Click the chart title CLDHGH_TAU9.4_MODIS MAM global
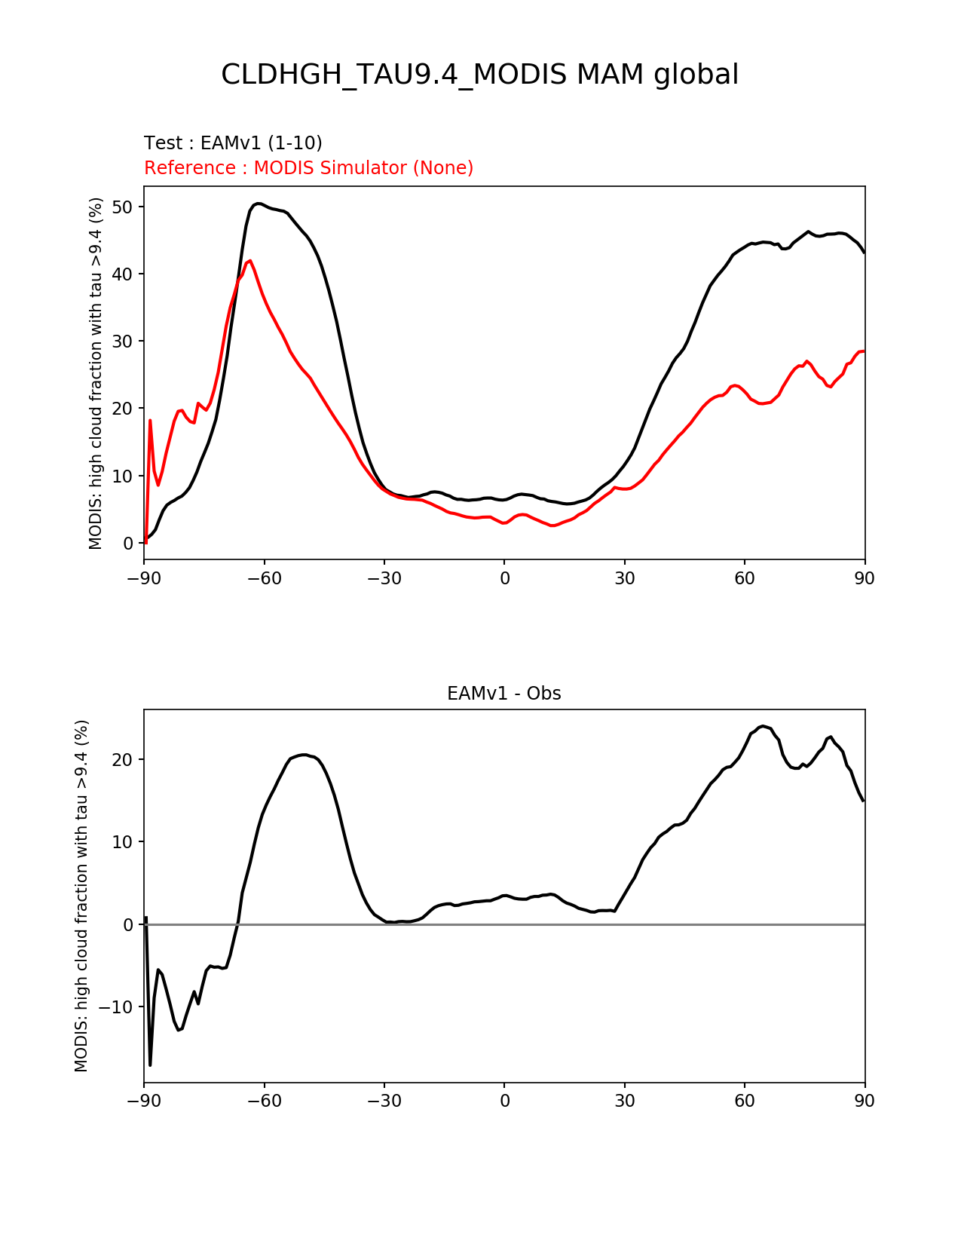pos(479,75)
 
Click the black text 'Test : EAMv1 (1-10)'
pos(233,142)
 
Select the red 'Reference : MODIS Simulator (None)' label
pos(308,167)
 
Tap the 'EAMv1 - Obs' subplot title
pos(503,694)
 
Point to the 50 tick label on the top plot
pos(122,207)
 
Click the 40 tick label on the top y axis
pos(122,274)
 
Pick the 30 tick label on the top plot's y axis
pos(122,342)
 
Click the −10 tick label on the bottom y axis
pos(116,1007)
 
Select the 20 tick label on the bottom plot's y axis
pos(122,760)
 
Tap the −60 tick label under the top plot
pos(264,578)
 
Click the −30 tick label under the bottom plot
pos(384,1101)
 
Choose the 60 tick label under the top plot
pos(745,578)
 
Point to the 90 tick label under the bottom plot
pos(865,1101)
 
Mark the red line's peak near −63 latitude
pos(250,261)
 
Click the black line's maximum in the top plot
pos(259,204)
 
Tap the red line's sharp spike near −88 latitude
pos(150,420)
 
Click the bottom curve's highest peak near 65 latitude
pos(763,726)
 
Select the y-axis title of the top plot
pos(96,373)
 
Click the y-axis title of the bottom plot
pos(81,896)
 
